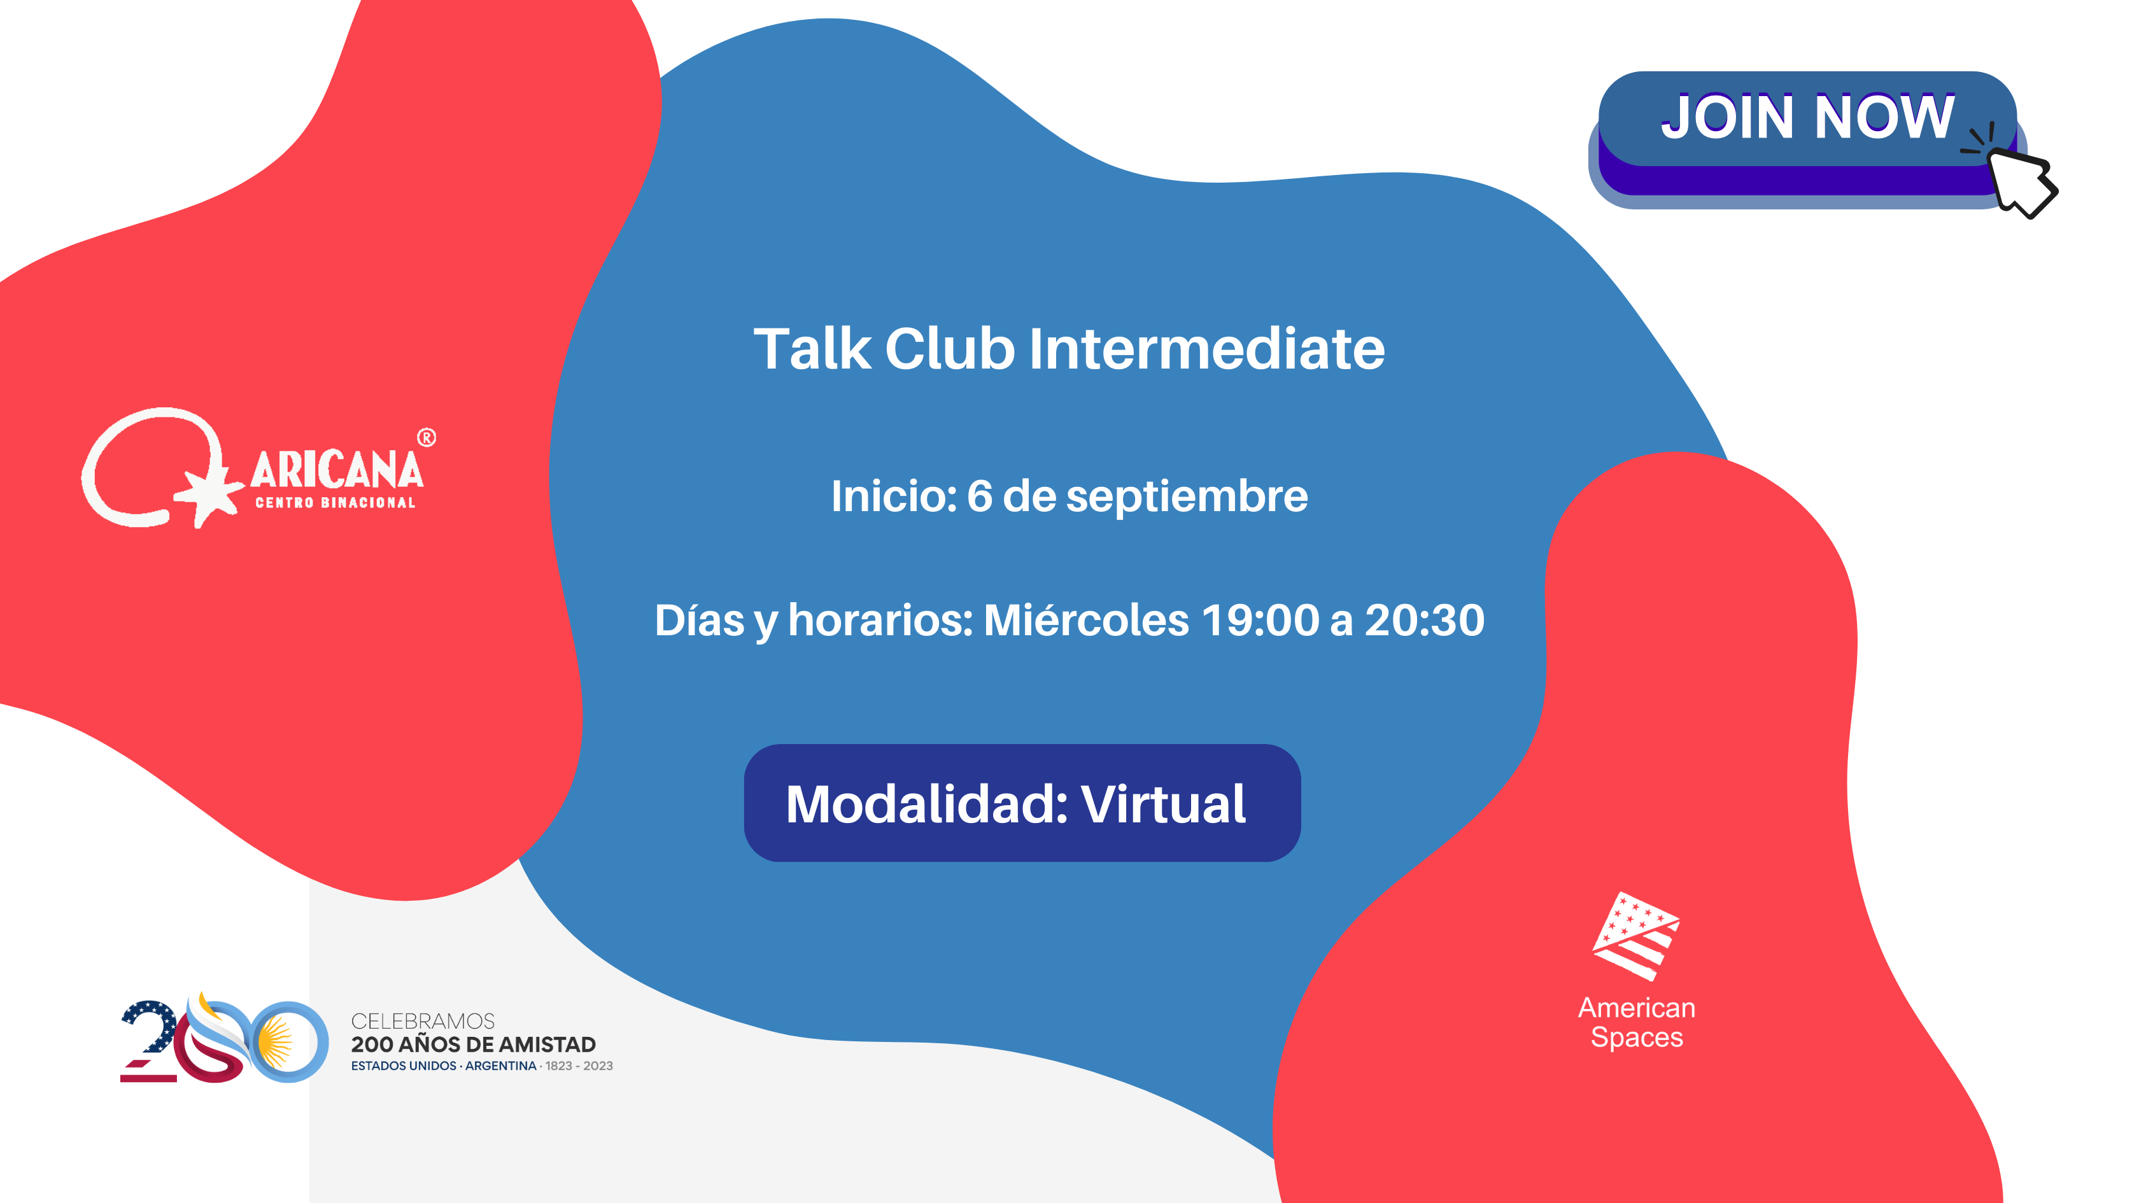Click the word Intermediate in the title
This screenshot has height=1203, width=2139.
click(x=1206, y=349)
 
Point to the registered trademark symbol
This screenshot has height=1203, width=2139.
click(x=426, y=437)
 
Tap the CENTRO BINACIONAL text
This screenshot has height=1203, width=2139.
click(x=335, y=502)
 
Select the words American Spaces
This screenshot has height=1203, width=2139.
click(x=1637, y=1023)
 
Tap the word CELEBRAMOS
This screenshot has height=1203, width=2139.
click(x=423, y=1020)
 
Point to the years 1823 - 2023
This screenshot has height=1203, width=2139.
click(x=579, y=1066)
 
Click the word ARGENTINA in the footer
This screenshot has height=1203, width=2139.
click(x=501, y=1066)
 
